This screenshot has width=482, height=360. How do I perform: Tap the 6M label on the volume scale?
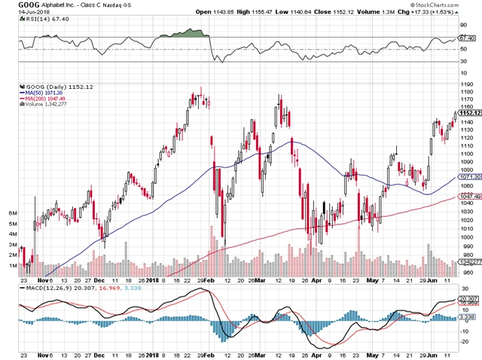(12, 213)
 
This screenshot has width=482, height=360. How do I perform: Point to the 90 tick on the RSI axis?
(469, 27)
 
